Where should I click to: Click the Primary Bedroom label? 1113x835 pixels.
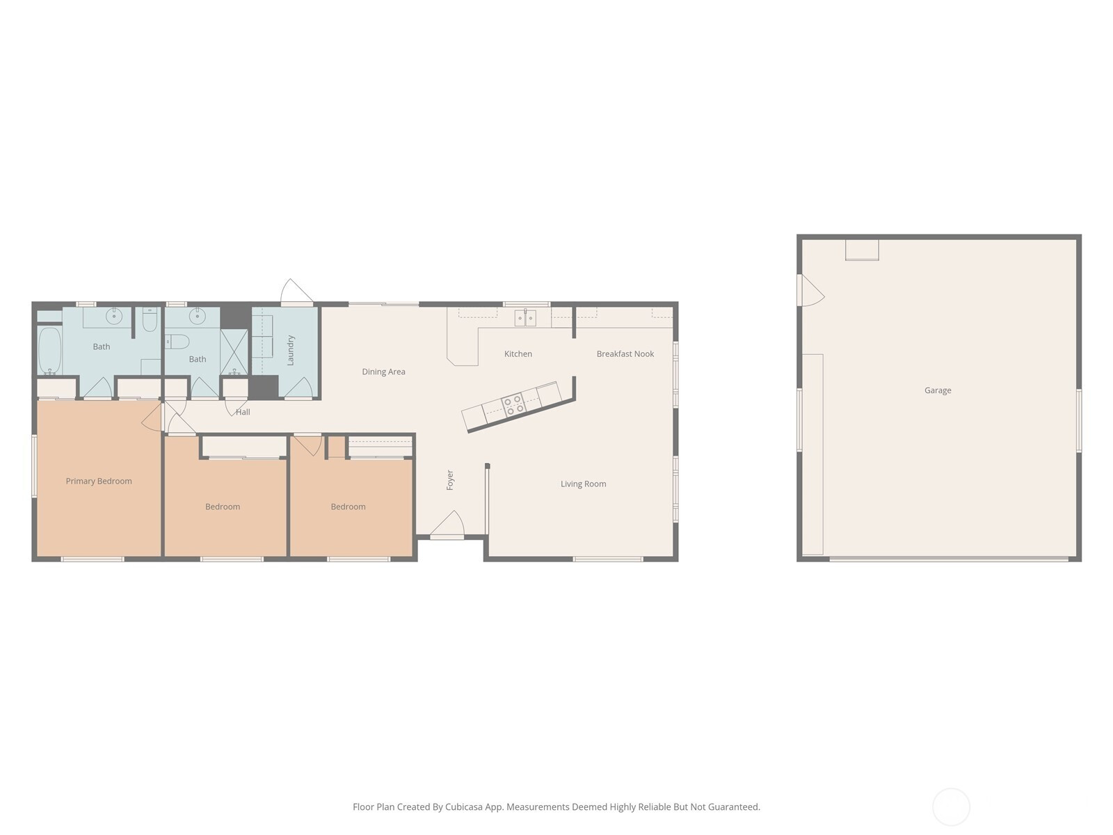click(x=99, y=481)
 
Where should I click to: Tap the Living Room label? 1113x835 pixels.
click(x=583, y=484)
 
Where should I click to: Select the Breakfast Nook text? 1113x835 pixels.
click(x=625, y=354)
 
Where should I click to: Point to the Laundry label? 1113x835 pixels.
click(x=291, y=350)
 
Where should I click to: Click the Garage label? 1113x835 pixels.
click(x=938, y=390)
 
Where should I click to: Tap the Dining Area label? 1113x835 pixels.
click(x=383, y=372)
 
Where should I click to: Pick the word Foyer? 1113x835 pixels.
click(x=450, y=480)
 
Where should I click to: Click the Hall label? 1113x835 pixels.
click(x=243, y=412)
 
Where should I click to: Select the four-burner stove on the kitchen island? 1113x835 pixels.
click(x=513, y=406)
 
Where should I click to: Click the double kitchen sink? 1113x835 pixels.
click(x=525, y=318)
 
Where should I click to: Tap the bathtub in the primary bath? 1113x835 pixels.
click(x=49, y=351)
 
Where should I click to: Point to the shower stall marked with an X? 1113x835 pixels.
click(x=234, y=352)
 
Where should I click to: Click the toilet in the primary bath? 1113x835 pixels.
click(x=150, y=320)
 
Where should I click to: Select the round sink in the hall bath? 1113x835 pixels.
click(x=198, y=317)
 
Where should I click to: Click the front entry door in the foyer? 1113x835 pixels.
click(x=447, y=524)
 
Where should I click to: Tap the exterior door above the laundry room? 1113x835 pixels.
click(x=296, y=292)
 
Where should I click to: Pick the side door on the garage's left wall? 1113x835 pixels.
click(x=810, y=290)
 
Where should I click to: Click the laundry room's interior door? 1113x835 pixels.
click(x=298, y=388)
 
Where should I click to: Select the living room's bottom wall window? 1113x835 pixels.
click(x=608, y=559)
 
